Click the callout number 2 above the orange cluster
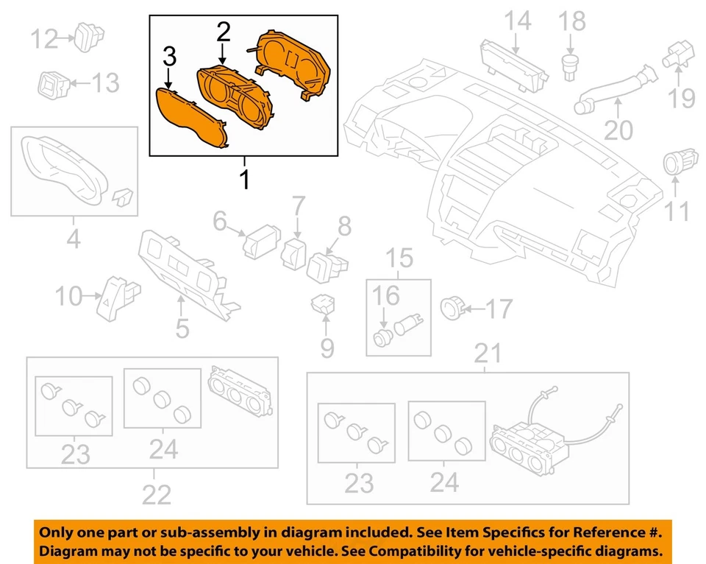[x=223, y=32]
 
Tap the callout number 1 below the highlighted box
[x=244, y=177]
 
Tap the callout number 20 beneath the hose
[x=618, y=130]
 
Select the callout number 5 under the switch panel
[x=182, y=328]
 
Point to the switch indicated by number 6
[x=261, y=237]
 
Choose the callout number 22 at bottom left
[x=156, y=495]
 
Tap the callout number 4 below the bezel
[x=74, y=240]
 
